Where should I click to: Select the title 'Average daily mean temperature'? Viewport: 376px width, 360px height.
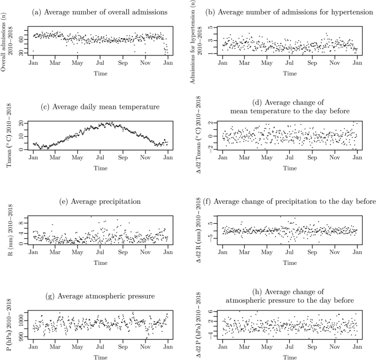tap(100, 106)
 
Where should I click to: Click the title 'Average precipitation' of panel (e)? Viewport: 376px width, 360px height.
tap(100, 202)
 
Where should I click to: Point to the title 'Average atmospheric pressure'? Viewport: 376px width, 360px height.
tap(100, 297)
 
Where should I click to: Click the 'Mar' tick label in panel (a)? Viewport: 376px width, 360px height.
tap(55, 63)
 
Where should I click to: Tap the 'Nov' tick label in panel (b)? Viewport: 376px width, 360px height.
tap(335, 63)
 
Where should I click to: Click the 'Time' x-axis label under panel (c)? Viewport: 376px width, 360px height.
tap(100, 167)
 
